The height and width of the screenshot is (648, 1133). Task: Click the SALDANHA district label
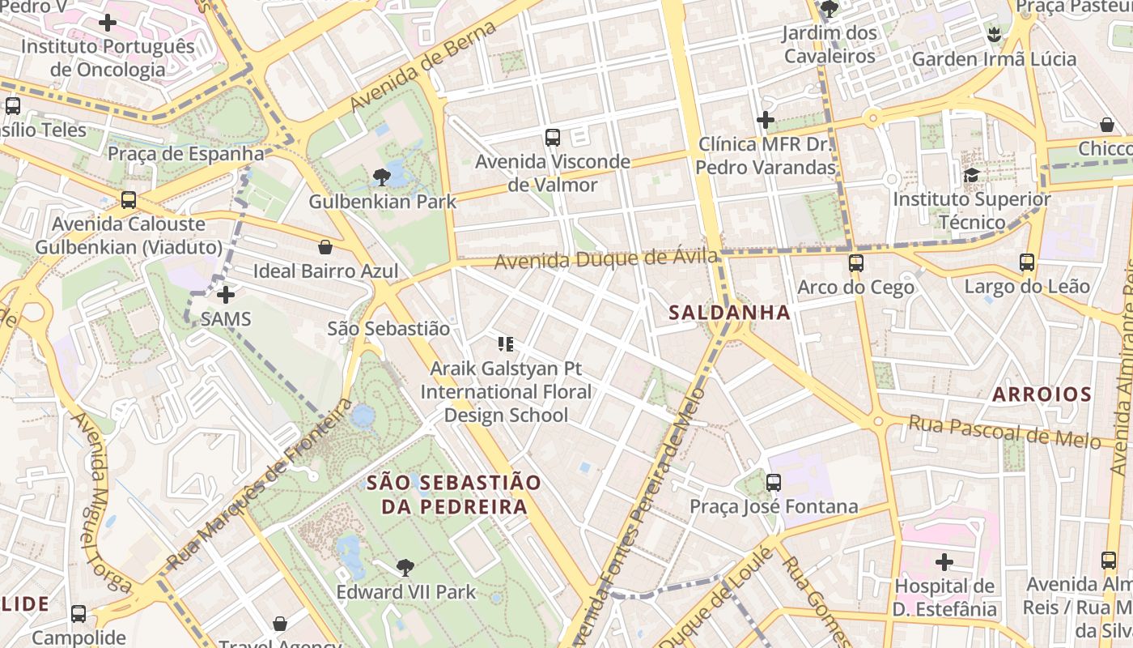[729, 313]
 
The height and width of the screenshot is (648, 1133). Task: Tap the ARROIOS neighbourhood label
[1042, 394]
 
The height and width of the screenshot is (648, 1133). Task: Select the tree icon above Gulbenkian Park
[382, 177]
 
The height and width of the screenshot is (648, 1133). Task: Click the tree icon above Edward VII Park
[405, 568]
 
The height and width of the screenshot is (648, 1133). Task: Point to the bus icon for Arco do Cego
[856, 263]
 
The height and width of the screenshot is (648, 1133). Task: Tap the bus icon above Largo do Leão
[1027, 262]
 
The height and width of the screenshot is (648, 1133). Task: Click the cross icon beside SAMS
[226, 295]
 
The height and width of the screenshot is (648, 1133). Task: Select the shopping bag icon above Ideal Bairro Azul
[325, 246]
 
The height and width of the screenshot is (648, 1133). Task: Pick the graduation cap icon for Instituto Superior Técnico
[971, 175]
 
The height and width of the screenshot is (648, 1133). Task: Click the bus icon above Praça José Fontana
[774, 483]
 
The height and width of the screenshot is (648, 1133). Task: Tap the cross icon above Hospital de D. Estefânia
[944, 561]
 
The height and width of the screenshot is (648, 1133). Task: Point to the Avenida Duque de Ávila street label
[606, 260]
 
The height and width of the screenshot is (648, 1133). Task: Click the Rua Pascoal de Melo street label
[1004, 431]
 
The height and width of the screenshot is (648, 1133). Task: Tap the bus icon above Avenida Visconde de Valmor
[553, 138]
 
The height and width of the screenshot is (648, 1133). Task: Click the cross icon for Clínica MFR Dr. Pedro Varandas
[765, 121]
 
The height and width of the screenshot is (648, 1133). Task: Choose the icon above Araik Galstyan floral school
[506, 344]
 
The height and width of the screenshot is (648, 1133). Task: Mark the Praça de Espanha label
[185, 153]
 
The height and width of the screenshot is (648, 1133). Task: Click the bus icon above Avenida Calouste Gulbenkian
[128, 200]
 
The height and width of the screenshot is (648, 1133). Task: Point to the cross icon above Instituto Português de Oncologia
[108, 23]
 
